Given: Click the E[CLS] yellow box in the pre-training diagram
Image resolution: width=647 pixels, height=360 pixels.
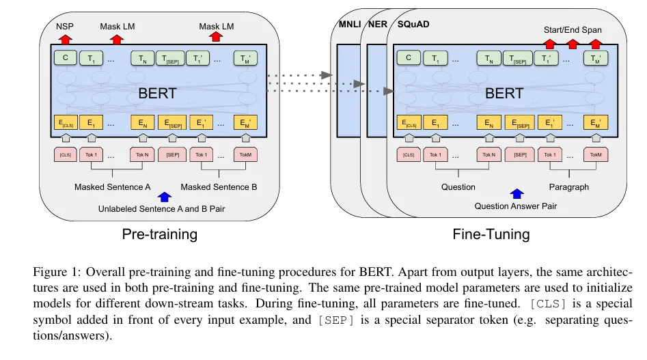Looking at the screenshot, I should click(x=66, y=123).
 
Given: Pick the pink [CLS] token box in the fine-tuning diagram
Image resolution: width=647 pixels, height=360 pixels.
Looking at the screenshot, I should click(x=409, y=154).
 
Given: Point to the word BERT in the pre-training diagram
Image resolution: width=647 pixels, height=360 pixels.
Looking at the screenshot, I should click(x=157, y=94).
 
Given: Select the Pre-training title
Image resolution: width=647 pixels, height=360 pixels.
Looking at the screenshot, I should click(x=159, y=234).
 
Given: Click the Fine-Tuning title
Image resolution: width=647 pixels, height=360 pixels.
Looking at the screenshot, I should click(x=491, y=234).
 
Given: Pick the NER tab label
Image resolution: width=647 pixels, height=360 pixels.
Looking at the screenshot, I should click(x=376, y=25).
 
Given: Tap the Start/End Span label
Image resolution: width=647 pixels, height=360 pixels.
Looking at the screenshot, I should click(x=573, y=30).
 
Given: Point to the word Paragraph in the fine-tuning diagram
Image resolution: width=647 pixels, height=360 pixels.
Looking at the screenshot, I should click(x=568, y=186).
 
